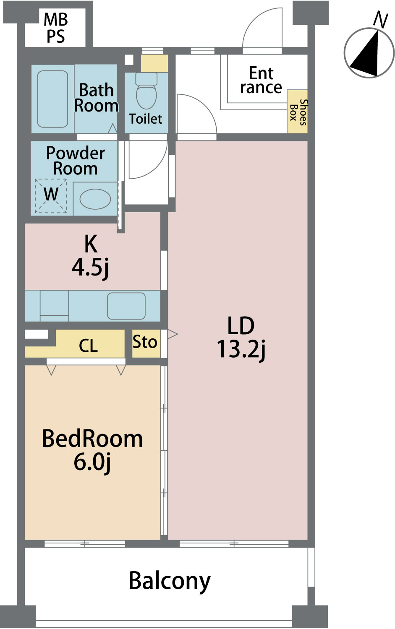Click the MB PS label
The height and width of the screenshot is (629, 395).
pyautogui.click(x=56, y=28)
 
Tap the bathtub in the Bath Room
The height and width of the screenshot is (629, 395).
pyautogui.click(x=52, y=99)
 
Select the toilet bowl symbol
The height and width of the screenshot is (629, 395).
pyautogui.click(x=146, y=91)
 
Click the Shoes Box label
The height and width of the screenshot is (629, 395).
pyautogui.click(x=298, y=112)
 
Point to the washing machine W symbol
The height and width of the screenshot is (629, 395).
pyautogui.click(x=51, y=196)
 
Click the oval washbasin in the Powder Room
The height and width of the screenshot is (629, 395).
pyautogui.click(x=95, y=199)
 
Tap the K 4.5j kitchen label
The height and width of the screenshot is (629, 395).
pyautogui.click(x=91, y=256)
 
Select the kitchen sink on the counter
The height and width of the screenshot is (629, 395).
pyautogui.click(x=126, y=306)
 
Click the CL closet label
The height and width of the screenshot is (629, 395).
pyautogui.click(x=88, y=346)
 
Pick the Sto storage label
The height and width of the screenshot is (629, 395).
pyautogui.click(x=145, y=342)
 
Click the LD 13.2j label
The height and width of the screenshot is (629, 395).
pyautogui.click(x=241, y=338)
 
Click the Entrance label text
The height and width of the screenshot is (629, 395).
pyautogui.click(x=261, y=80)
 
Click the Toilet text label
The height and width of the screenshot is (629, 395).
pyautogui.click(x=145, y=119)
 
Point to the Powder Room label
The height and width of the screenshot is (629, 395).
pyautogui.click(x=75, y=161)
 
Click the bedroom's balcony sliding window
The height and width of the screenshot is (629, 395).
pyautogui.click(x=85, y=543)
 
